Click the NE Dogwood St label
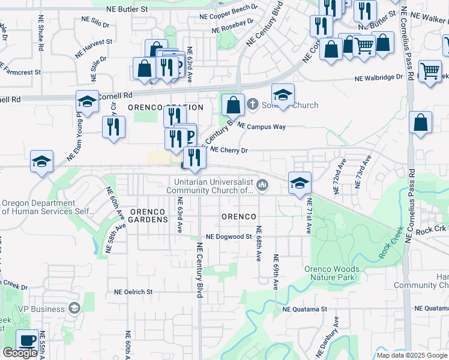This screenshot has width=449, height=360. pos(228,237)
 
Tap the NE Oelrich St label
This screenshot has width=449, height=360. pos(133,292)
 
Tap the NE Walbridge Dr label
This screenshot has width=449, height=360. pos(379,78)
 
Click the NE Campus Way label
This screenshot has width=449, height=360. pos(261,127)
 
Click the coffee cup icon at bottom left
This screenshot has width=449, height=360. pos(27,340)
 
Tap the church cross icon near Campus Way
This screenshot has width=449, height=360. pos(253,104)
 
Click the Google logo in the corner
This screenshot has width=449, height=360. pos(20,353)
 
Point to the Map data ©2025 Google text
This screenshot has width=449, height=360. pos(412,355)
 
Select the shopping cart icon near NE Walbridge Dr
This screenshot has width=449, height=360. pos(430,71)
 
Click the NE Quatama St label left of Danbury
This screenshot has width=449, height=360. pos(304,310)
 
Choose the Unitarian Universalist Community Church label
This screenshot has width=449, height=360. pos(214,186)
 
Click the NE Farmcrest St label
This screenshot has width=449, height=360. pos(20,71)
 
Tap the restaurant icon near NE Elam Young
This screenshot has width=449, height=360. pos(113,127)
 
